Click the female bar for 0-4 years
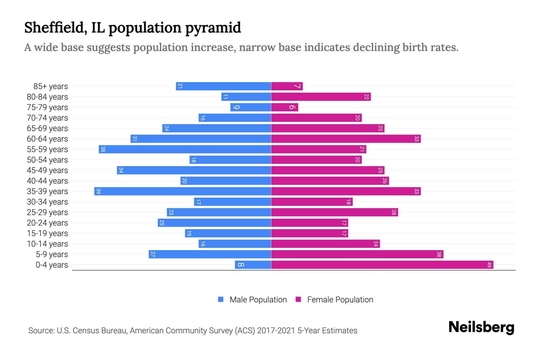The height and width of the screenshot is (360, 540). [x=382, y=265]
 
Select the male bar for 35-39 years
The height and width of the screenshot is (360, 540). [x=182, y=191]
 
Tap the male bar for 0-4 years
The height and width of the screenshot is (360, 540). [x=253, y=265]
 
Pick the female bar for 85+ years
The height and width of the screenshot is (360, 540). [x=287, y=86]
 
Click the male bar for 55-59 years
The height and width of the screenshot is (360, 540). [x=185, y=149]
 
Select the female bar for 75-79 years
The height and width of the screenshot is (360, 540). [x=284, y=107]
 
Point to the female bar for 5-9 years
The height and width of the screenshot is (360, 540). [x=357, y=254]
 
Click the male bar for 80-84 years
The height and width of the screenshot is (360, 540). [x=246, y=97]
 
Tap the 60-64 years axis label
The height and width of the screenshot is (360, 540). [x=47, y=139]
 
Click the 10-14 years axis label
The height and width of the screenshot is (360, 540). [x=47, y=244]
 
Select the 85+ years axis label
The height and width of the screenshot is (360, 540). [x=51, y=86]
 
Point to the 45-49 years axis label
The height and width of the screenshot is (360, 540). [x=47, y=170]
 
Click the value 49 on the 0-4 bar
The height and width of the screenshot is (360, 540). [x=489, y=265]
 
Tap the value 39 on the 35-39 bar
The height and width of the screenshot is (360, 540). [x=98, y=191]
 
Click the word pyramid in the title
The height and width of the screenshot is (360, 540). [x=213, y=28]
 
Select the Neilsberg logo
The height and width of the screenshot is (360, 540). [x=481, y=327]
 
